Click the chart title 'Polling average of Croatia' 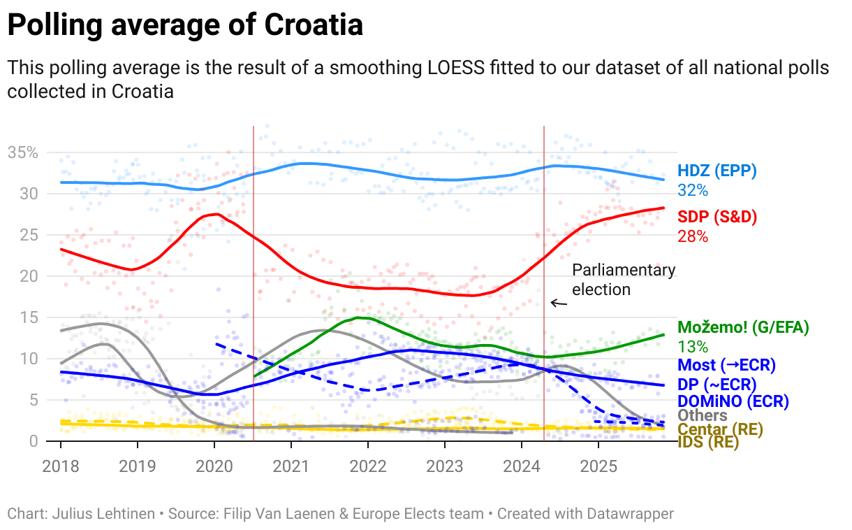(185, 26)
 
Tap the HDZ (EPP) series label (717, 171)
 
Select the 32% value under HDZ (693, 190)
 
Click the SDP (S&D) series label (717, 217)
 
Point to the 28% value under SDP (693, 236)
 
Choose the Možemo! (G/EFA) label (743, 327)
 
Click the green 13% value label (693, 346)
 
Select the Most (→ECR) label (726, 365)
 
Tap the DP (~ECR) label (717, 384)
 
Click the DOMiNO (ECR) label (733, 401)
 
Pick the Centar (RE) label (720, 429)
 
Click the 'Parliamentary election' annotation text (624, 280)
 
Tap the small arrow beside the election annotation (559, 303)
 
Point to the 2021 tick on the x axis (291, 466)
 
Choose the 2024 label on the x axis (522, 466)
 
